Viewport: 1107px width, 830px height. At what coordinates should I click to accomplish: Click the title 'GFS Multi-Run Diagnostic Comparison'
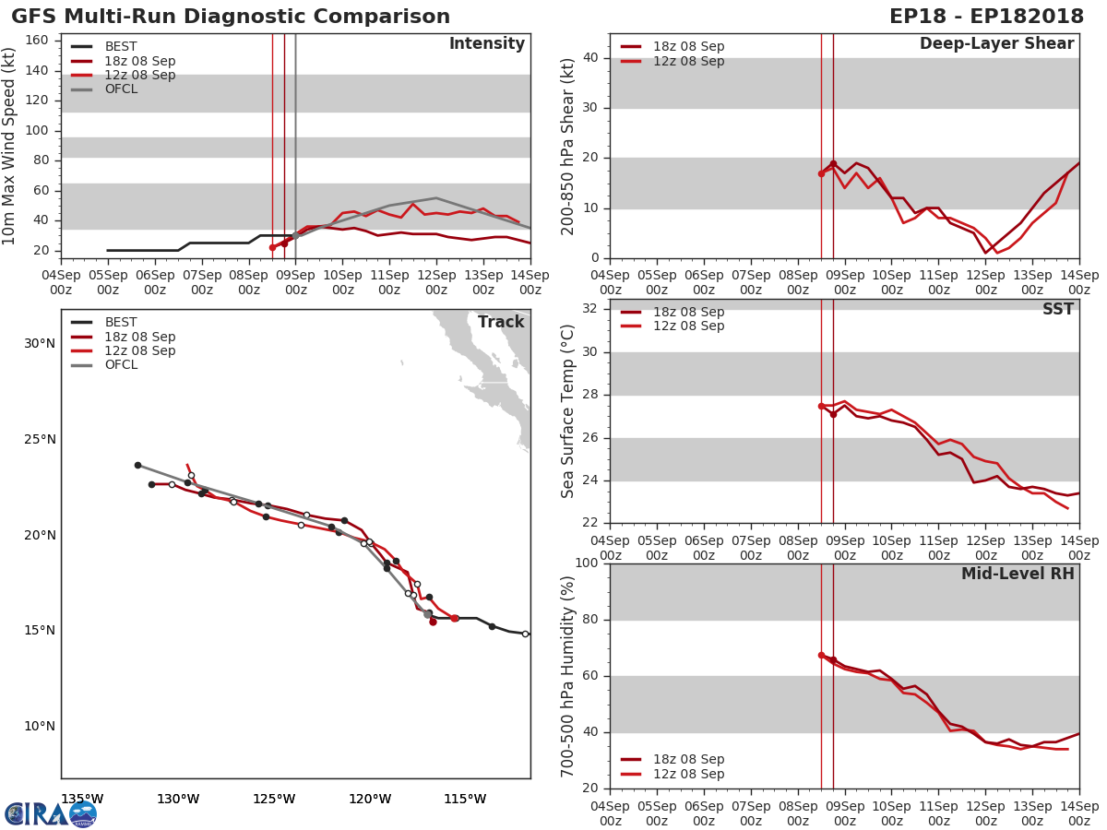pyautogui.click(x=231, y=17)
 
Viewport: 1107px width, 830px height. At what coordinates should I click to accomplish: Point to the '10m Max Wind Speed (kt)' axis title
pyautogui.click(x=10, y=146)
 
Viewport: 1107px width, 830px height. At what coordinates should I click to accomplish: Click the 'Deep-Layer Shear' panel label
pyautogui.click(x=996, y=44)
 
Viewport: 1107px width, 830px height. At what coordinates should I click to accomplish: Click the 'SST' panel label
pyautogui.click(x=1057, y=310)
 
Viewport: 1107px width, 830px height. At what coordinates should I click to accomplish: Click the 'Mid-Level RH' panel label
pyautogui.click(x=1018, y=575)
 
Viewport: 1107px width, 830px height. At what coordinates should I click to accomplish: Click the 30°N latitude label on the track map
pyautogui.click(x=40, y=344)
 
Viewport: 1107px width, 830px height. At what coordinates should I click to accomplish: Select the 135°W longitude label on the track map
pyautogui.click(x=81, y=799)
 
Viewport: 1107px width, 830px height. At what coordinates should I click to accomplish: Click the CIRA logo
pyautogui.click(x=50, y=813)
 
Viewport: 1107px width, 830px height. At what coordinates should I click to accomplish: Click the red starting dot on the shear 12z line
pyautogui.click(x=821, y=173)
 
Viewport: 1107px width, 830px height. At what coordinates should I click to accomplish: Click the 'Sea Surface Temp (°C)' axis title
pyautogui.click(x=568, y=411)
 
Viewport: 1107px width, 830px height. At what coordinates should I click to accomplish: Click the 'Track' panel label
pyautogui.click(x=500, y=322)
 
